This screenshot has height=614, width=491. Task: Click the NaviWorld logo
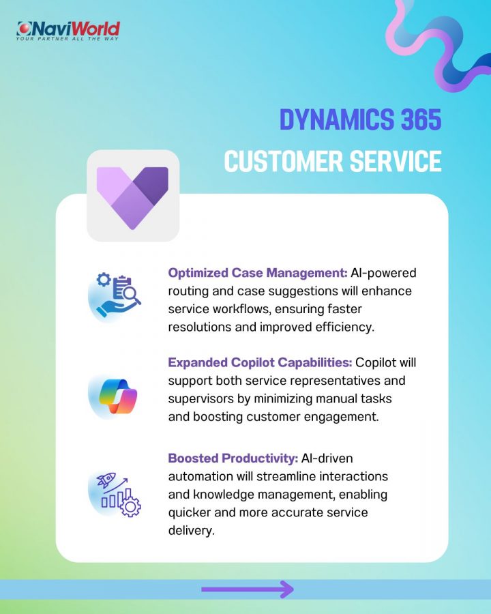68,31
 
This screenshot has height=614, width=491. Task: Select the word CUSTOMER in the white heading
284,161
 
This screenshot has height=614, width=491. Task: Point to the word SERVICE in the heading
396,161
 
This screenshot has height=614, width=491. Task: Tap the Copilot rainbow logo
118,396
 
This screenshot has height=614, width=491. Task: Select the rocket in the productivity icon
106,480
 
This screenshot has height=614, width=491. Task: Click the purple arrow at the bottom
248,589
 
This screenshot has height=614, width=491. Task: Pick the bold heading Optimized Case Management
258,273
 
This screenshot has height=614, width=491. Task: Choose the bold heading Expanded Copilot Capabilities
260,363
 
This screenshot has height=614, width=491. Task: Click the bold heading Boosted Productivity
233,458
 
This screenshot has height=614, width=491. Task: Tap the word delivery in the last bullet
192,531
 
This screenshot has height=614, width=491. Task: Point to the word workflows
241,309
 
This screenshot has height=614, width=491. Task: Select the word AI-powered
383,273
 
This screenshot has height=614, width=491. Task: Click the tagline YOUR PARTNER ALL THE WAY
67,39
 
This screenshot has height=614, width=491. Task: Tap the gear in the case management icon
104,280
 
